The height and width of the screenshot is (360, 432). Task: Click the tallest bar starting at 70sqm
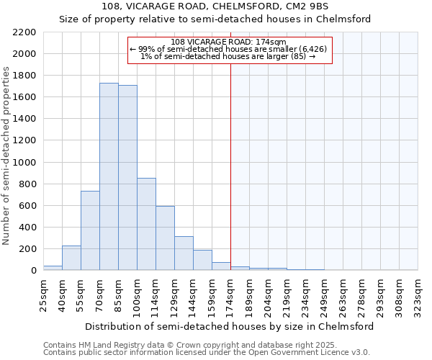coord(109,176)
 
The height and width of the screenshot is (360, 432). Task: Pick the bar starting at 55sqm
coord(90,230)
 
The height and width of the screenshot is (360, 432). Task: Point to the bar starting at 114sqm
coord(165,238)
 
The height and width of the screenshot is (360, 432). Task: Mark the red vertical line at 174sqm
coord(230,166)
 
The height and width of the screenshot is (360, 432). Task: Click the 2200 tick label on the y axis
coord(24,32)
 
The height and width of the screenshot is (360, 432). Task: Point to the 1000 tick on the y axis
coord(24,163)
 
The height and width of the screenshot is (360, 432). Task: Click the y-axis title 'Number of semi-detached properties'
coord(6,156)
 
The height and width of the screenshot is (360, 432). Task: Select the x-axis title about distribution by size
coord(229,326)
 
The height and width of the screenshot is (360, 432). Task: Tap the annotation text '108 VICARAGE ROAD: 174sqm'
coord(230,42)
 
